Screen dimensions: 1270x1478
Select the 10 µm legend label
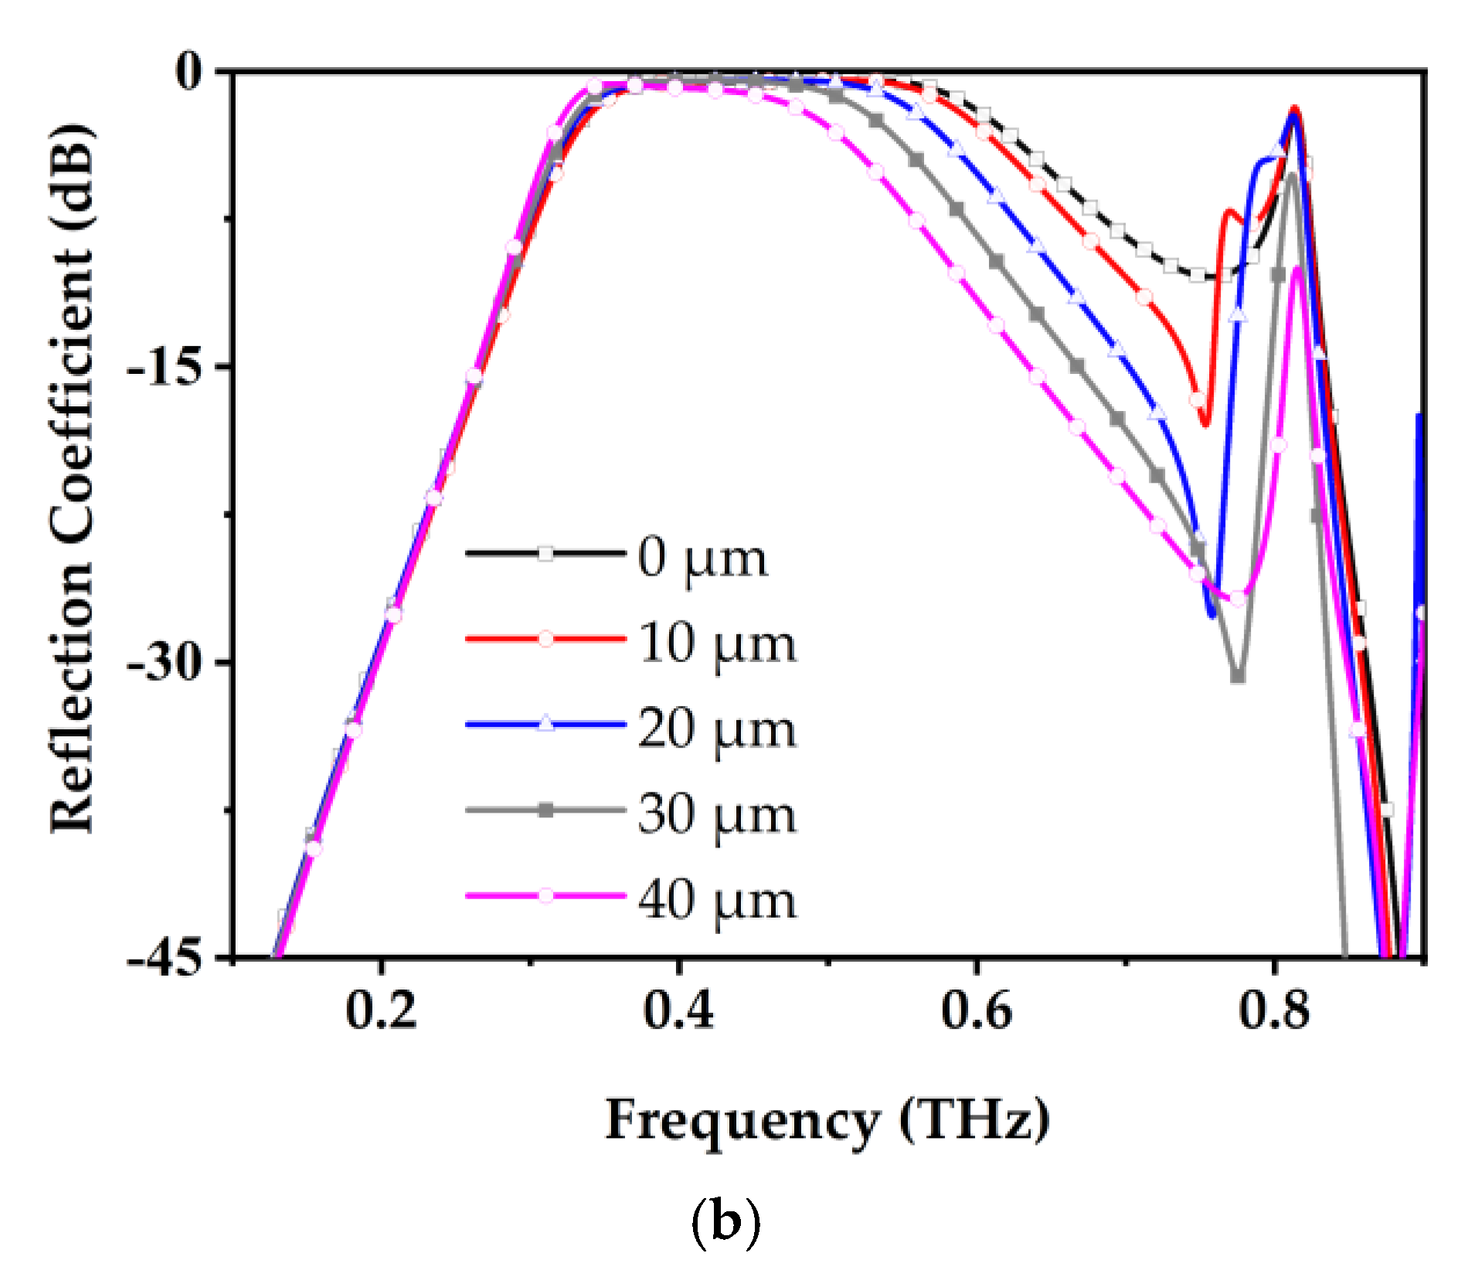pos(716,643)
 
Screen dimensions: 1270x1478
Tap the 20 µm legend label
pos(716,729)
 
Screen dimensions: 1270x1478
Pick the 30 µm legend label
pos(716,815)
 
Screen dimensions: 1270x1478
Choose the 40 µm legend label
pos(716,901)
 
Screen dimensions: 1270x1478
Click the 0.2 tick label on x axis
pos(380,1010)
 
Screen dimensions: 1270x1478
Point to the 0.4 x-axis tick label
pos(678,1010)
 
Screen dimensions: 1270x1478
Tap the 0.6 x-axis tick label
pos(976,1010)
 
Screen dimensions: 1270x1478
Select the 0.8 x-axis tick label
pos(1274,1010)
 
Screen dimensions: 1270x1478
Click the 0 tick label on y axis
pos(188,72)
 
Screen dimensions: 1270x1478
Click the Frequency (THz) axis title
pos(827,1121)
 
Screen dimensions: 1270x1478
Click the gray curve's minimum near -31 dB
pos(1238,676)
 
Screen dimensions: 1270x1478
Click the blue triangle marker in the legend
pos(545,724)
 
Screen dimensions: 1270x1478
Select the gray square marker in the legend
pos(545,810)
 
